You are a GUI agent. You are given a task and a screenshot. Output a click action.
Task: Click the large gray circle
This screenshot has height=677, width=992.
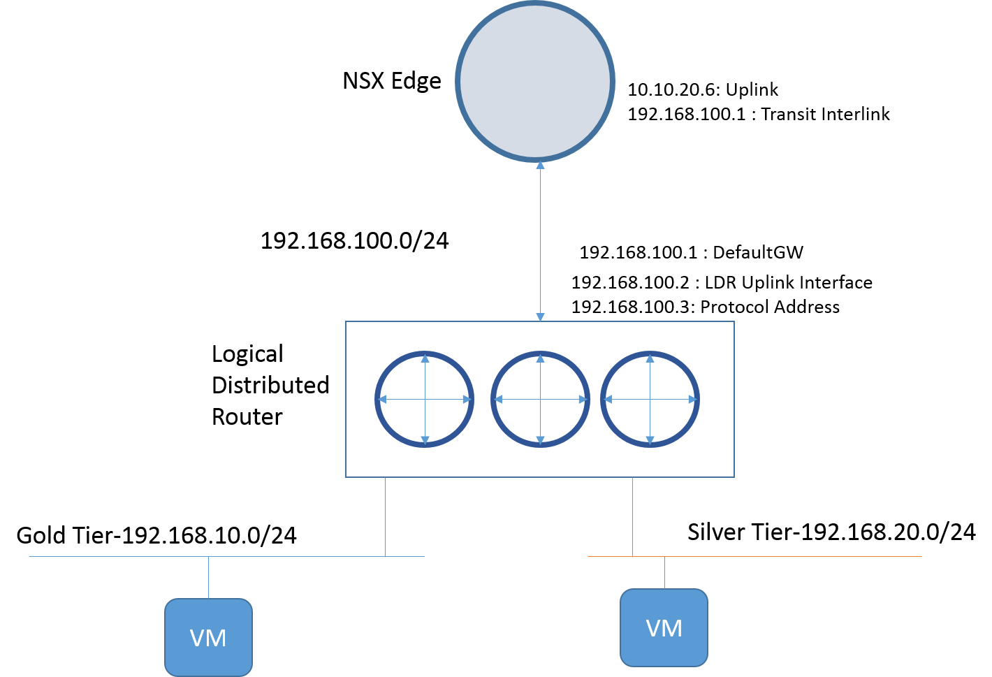535,82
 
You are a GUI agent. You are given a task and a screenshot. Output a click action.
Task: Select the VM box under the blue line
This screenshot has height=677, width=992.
208,636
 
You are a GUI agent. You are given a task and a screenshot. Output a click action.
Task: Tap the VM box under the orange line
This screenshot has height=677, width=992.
664,627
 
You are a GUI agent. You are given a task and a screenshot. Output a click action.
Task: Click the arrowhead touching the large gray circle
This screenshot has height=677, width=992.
540,166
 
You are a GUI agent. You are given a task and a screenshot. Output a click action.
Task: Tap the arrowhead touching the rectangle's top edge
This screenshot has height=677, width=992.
540,317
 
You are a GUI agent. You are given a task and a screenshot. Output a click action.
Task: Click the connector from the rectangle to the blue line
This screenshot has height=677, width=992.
385,517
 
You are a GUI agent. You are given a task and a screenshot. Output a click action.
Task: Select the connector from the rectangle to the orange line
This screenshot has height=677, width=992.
632,517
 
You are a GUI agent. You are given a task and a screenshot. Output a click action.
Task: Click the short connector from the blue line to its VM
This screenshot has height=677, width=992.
209,577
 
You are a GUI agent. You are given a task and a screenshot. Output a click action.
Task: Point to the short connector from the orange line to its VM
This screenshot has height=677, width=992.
664,572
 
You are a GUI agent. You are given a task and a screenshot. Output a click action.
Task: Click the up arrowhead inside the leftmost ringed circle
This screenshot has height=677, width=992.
425,358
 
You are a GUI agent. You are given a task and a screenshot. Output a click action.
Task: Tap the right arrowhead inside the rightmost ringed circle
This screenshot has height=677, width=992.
692,400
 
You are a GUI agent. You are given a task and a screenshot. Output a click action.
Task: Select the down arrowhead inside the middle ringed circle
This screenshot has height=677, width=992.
540,440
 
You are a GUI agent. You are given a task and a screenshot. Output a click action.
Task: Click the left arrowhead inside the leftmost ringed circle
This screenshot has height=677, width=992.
382,400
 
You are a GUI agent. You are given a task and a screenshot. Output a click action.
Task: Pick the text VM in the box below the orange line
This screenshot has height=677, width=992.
664,628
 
